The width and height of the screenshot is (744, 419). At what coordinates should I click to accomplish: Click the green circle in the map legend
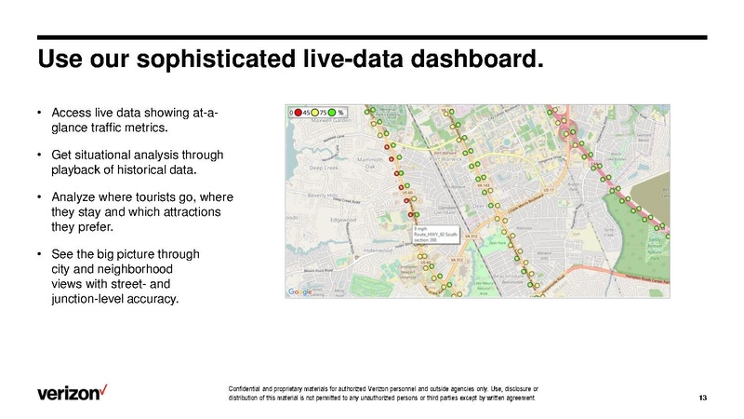(333, 113)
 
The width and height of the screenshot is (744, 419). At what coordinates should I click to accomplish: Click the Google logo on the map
(299, 291)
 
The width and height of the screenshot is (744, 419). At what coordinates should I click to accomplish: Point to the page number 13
(702, 399)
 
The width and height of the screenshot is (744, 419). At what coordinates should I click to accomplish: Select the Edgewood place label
(344, 220)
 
